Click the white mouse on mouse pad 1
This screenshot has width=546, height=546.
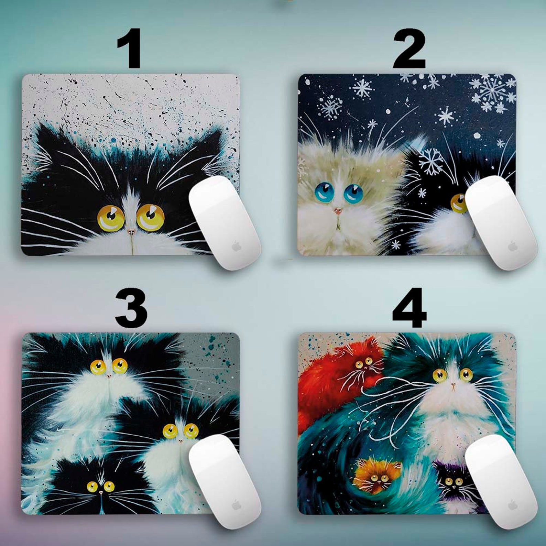click(225, 223)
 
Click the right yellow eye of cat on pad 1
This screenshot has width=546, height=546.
click(151, 217)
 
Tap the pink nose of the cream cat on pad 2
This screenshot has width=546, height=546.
click(338, 210)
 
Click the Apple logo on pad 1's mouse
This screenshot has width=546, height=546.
click(235, 246)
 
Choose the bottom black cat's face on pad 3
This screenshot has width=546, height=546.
click(101, 488)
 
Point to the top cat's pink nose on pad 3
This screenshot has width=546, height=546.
click(109, 376)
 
